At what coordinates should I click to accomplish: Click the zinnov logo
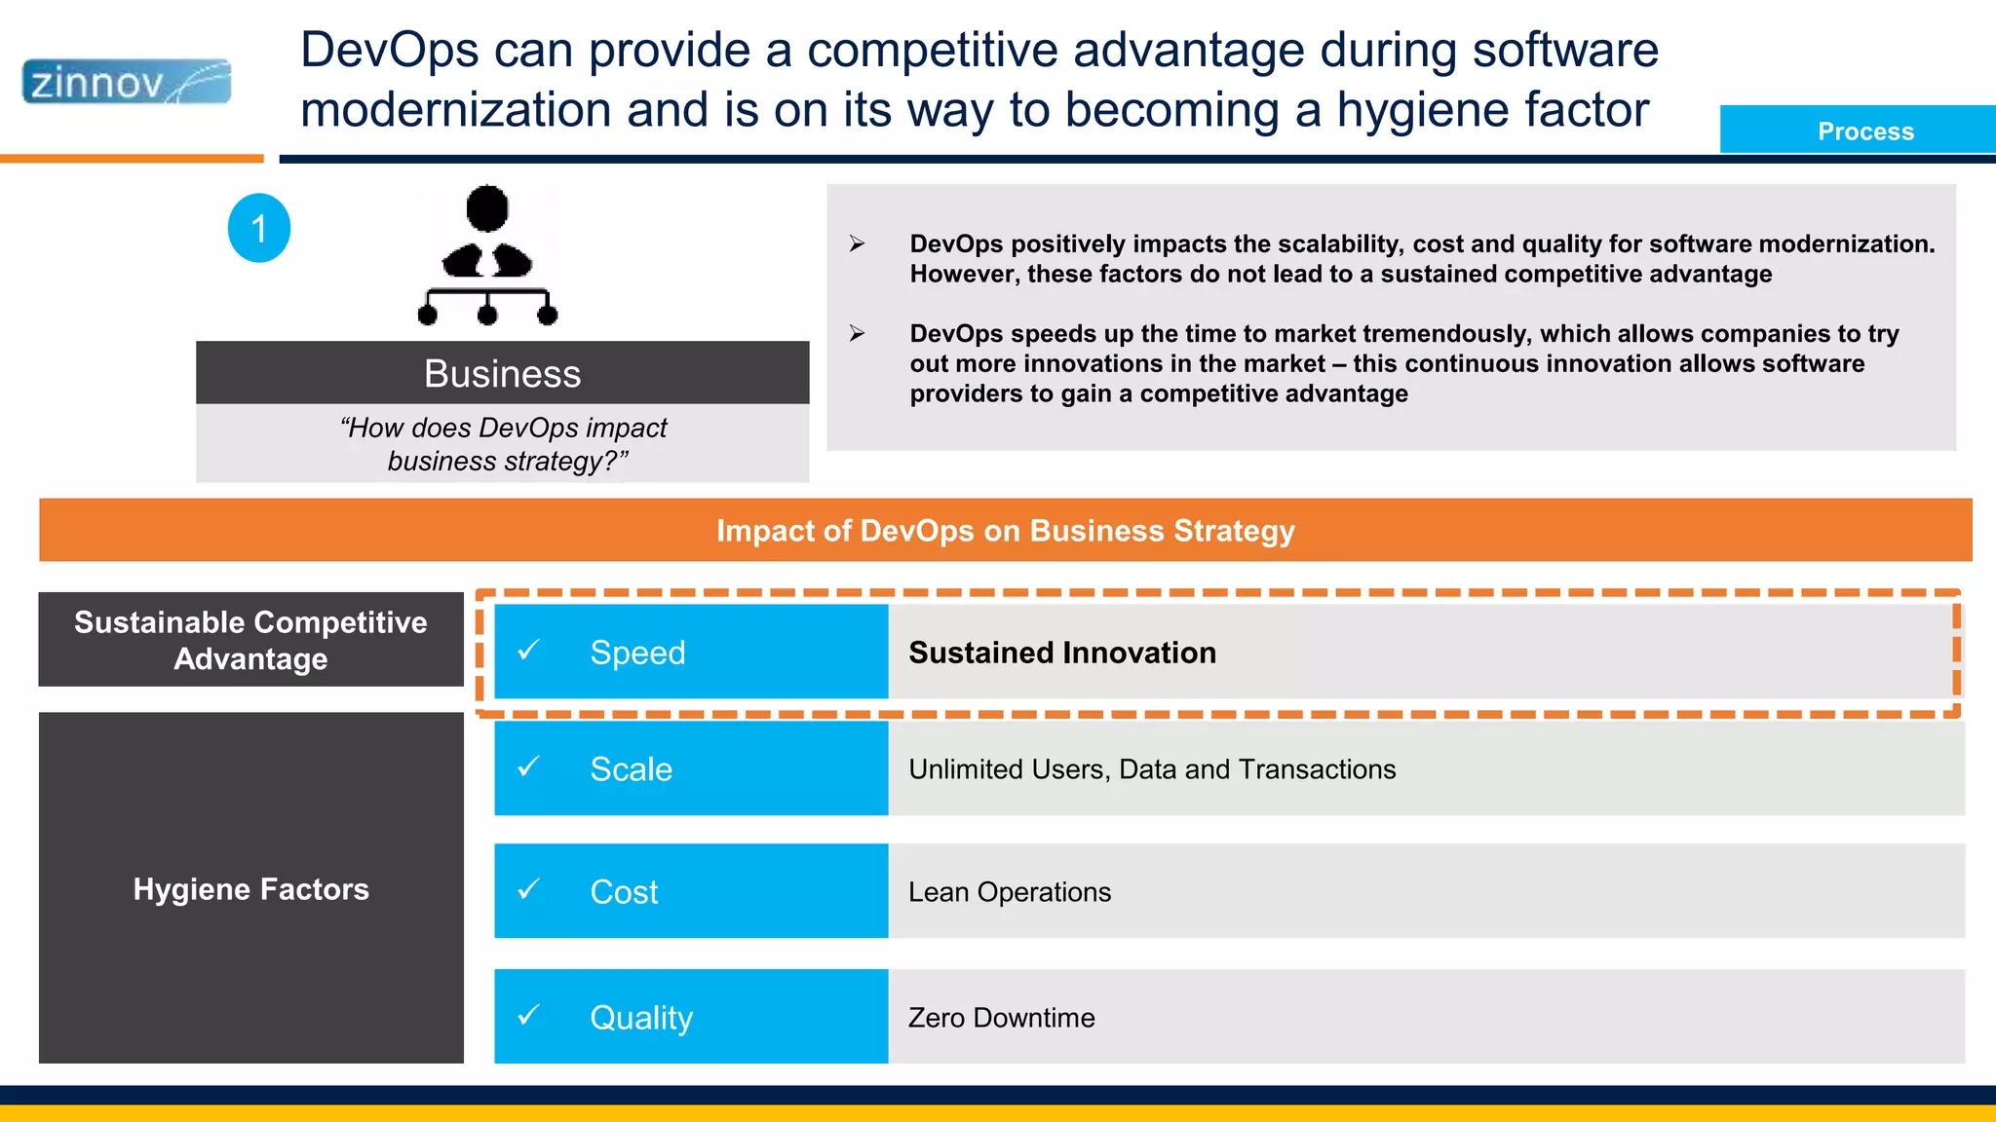(126, 82)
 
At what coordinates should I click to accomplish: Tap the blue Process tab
(1864, 131)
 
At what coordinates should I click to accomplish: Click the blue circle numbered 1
(259, 228)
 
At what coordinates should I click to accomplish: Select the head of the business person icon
(487, 207)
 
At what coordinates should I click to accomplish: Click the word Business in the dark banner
(502, 374)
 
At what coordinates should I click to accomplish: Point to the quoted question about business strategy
(503, 444)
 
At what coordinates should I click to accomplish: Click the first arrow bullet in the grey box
(857, 243)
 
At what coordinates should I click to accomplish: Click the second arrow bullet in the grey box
(857, 333)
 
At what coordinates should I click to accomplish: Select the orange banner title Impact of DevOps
(1005, 531)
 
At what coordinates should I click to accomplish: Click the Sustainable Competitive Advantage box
(250, 640)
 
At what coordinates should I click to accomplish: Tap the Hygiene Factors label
(250, 889)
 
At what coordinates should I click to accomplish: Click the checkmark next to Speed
(528, 650)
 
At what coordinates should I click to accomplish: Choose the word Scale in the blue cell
(631, 769)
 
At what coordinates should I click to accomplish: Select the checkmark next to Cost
(528, 889)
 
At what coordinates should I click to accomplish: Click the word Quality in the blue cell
(641, 1018)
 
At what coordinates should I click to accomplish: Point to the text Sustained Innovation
(1062, 653)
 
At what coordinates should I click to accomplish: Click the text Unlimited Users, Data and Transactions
(1152, 769)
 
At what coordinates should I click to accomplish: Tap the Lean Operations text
(1009, 892)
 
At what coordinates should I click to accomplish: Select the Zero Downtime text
(1001, 1018)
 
